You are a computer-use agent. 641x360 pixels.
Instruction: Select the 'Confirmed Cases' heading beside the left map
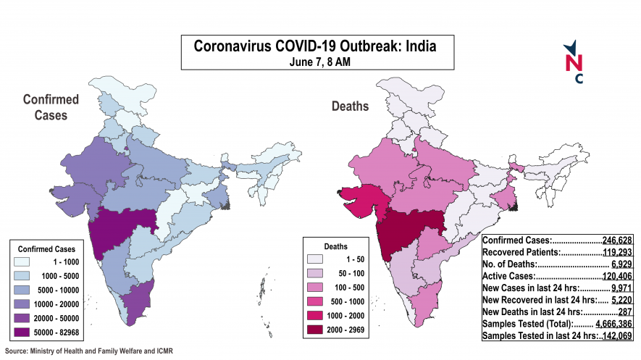pyautogui.click(x=50, y=106)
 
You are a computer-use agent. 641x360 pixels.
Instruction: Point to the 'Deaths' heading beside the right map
pyautogui.click(x=350, y=106)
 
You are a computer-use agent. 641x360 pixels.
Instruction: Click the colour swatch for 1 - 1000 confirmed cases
pyautogui.click(x=27, y=261)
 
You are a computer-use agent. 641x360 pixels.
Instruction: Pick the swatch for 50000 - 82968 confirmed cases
pyautogui.click(x=27, y=332)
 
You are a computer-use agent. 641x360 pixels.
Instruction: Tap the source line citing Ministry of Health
pyautogui.click(x=89, y=351)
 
